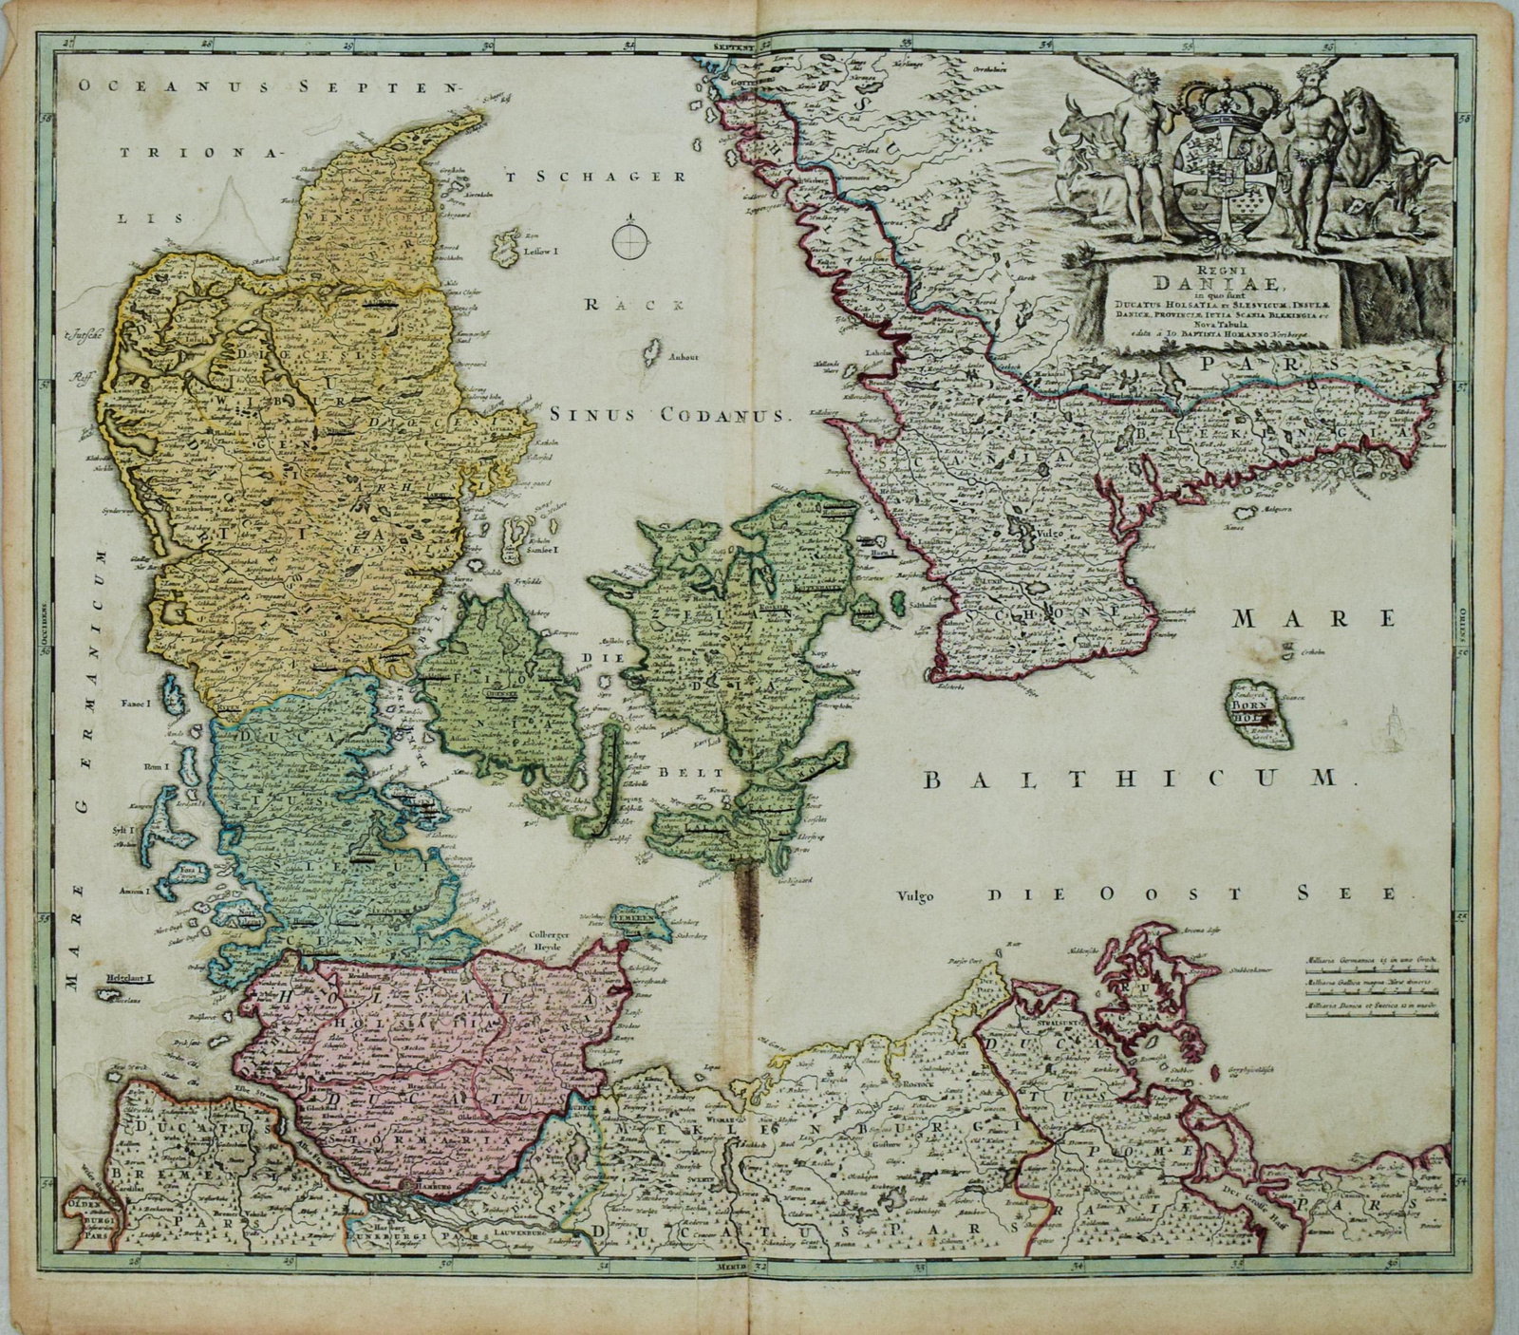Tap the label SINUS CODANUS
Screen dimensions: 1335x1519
click(x=669, y=415)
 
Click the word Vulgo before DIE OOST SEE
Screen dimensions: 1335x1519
click(x=916, y=894)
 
